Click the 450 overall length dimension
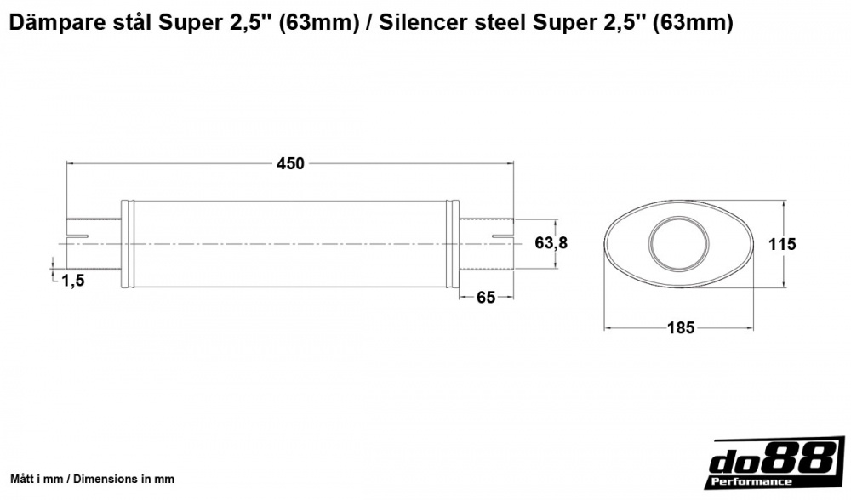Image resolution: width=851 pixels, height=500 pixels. click(289, 164)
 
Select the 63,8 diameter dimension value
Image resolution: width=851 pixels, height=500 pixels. click(551, 243)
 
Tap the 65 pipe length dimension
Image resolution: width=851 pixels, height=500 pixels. click(486, 298)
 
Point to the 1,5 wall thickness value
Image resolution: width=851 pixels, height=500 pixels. click(73, 281)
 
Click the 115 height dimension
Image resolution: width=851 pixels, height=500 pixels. click(781, 244)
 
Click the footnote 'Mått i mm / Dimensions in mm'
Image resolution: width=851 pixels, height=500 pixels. click(92, 479)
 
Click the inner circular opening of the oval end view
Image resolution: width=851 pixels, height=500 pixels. click(678, 244)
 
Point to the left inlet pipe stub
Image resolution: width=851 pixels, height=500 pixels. click(94, 244)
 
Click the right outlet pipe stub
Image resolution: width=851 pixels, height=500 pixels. click(487, 244)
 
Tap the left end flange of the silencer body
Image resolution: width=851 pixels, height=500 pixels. click(127, 244)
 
